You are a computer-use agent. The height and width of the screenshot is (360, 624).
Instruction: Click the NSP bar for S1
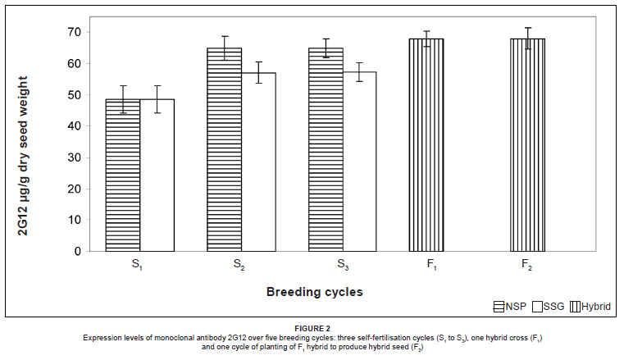122,175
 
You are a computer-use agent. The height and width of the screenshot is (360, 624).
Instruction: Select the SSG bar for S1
157,175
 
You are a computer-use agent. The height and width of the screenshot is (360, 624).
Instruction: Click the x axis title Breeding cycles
314,291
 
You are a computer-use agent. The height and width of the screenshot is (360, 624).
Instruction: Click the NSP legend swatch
499,307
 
